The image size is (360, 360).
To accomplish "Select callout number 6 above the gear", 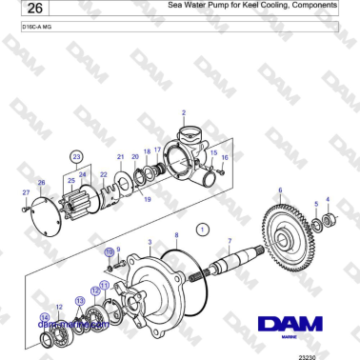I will (280, 191).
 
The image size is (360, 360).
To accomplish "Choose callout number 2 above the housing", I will (182, 113).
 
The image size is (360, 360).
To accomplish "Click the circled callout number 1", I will (202, 230).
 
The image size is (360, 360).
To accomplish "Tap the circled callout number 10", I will (110, 251).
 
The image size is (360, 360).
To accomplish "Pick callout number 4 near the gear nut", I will (328, 199).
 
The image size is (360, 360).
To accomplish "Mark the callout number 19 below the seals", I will (146, 200).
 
